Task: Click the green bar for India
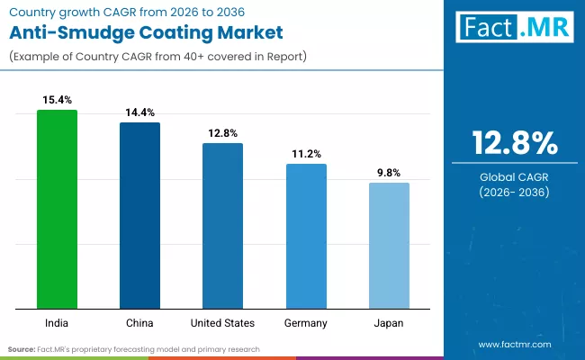pyautogui.click(x=57, y=209)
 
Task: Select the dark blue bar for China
pyautogui.click(x=139, y=215)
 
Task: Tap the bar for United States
pyautogui.click(x=222, y=225)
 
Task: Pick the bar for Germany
pyautogui.click(x=306, y=236)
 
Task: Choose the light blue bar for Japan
pyautogui.click(x=389, y=245)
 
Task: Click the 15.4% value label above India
pyautogui.click(x=57, y=97)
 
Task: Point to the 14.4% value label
pyautogui.click(x=139, y=112)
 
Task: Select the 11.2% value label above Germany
pyautogui.click(x=306, y=154)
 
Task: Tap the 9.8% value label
pyautogui.click(x=389, y=172)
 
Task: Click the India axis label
pyautogui.click(x=57, y=322)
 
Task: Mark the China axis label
pyautogui.click(x=139, y=322)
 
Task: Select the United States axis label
pyautogui.click(x=222, y=322)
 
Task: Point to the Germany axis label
pyautogui.click(x=306, y=322)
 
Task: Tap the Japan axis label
pyautogui.click(x=389, y=322)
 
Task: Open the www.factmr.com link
pyautogui.click(x=515, y=344)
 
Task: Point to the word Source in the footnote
pyautogui.click(x=22, y=348)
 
